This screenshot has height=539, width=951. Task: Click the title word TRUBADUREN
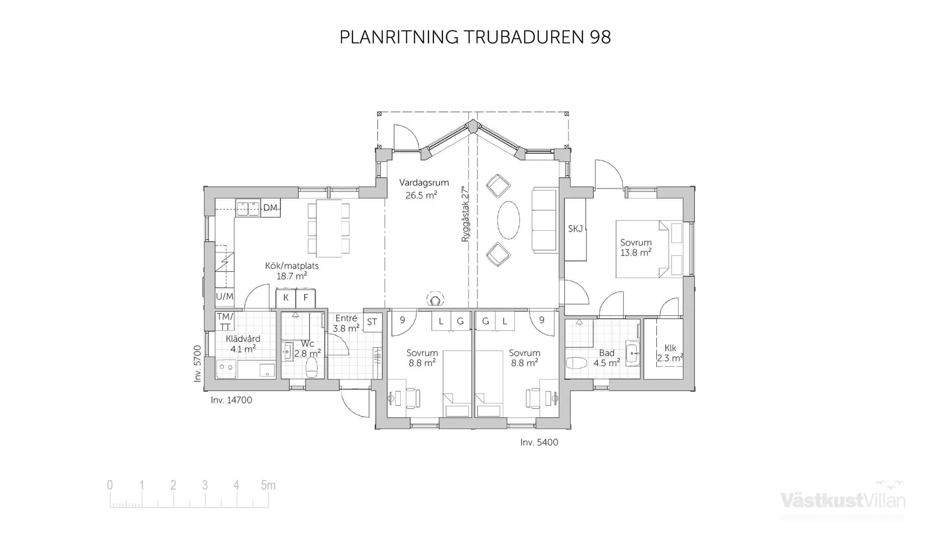pyautogui.click(x=524, y=38)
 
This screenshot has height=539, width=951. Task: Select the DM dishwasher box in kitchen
pyautogui.click(x=270, y=208)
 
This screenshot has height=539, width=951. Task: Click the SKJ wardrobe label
pyautogui.click(x=575, y=229)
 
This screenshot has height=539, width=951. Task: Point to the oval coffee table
pyautogui.click(x=508, y=220)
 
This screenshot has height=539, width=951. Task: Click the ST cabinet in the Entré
pyautogui.click(x=372, y=322)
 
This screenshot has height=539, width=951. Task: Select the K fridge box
pyautogui.click(x=286, y=298)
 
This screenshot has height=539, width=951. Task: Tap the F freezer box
pyautogui.click(x=306, y=298)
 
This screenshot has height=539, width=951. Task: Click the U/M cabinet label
pyautogui.click(x=224, y=296)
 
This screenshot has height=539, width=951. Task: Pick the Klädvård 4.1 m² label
pyautogui.click(x=243, y=344)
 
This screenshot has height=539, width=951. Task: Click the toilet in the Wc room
pyautogui.click(x=312, y=367)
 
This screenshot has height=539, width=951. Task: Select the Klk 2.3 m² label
pyautogui.click(x=670, y=353)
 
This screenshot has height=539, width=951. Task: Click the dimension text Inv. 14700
pyautogui.click(x=231, y=400)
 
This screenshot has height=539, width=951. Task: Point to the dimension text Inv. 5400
pyautogui.click(x=539, y=442)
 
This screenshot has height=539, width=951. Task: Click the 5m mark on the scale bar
pyautogui.click(x=268, y=486)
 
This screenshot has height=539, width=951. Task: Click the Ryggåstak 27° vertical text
pyautogui.click(x=465, y=214)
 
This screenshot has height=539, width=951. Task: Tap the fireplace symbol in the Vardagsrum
pyautogui.click(x=435, y=299)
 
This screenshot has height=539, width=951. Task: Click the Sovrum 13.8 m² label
pyautogui.click(x=635, y=247)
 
